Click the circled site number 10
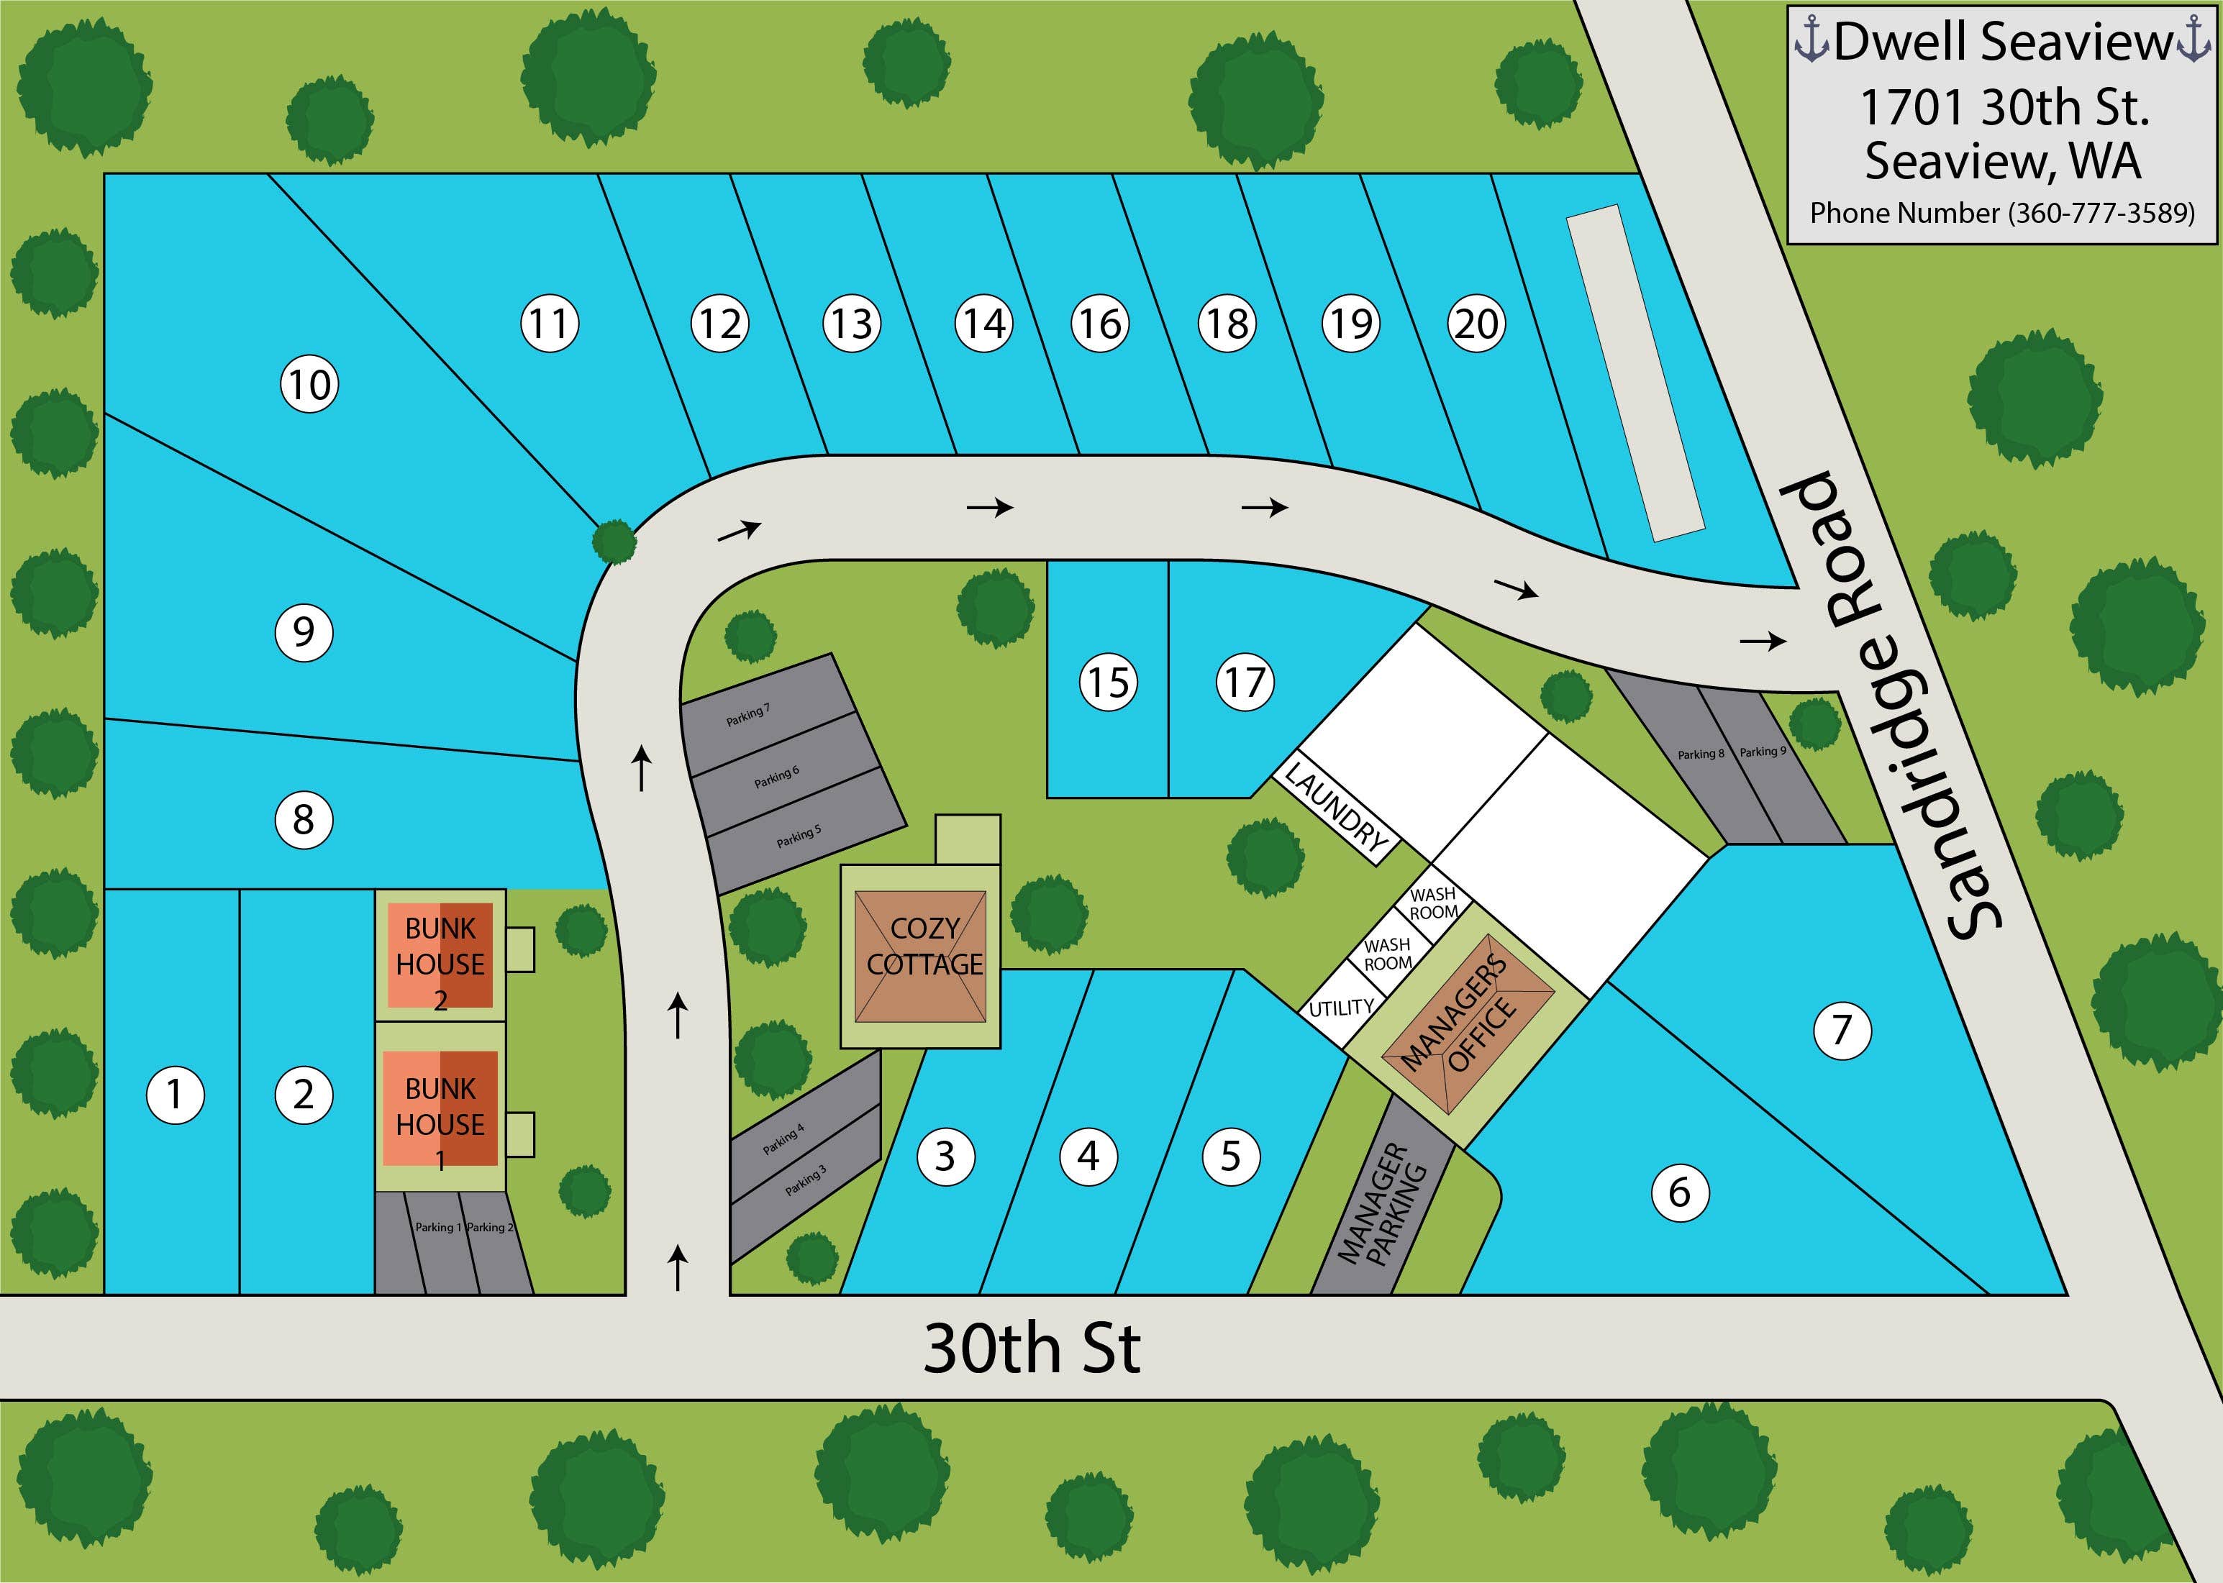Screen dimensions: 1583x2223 tap(310, 384)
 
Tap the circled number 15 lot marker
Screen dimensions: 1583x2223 tap(1109, 683)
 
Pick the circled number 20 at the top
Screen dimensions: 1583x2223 tap(1476, 324)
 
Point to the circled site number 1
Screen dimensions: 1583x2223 tap(175, 1095)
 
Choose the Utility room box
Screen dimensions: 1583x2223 tap(1340, 1008)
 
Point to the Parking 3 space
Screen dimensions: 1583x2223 tap(805, 1182)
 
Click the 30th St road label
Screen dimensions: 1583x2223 tap(1032, 1350)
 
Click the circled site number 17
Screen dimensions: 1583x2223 tap(1245, 683)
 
